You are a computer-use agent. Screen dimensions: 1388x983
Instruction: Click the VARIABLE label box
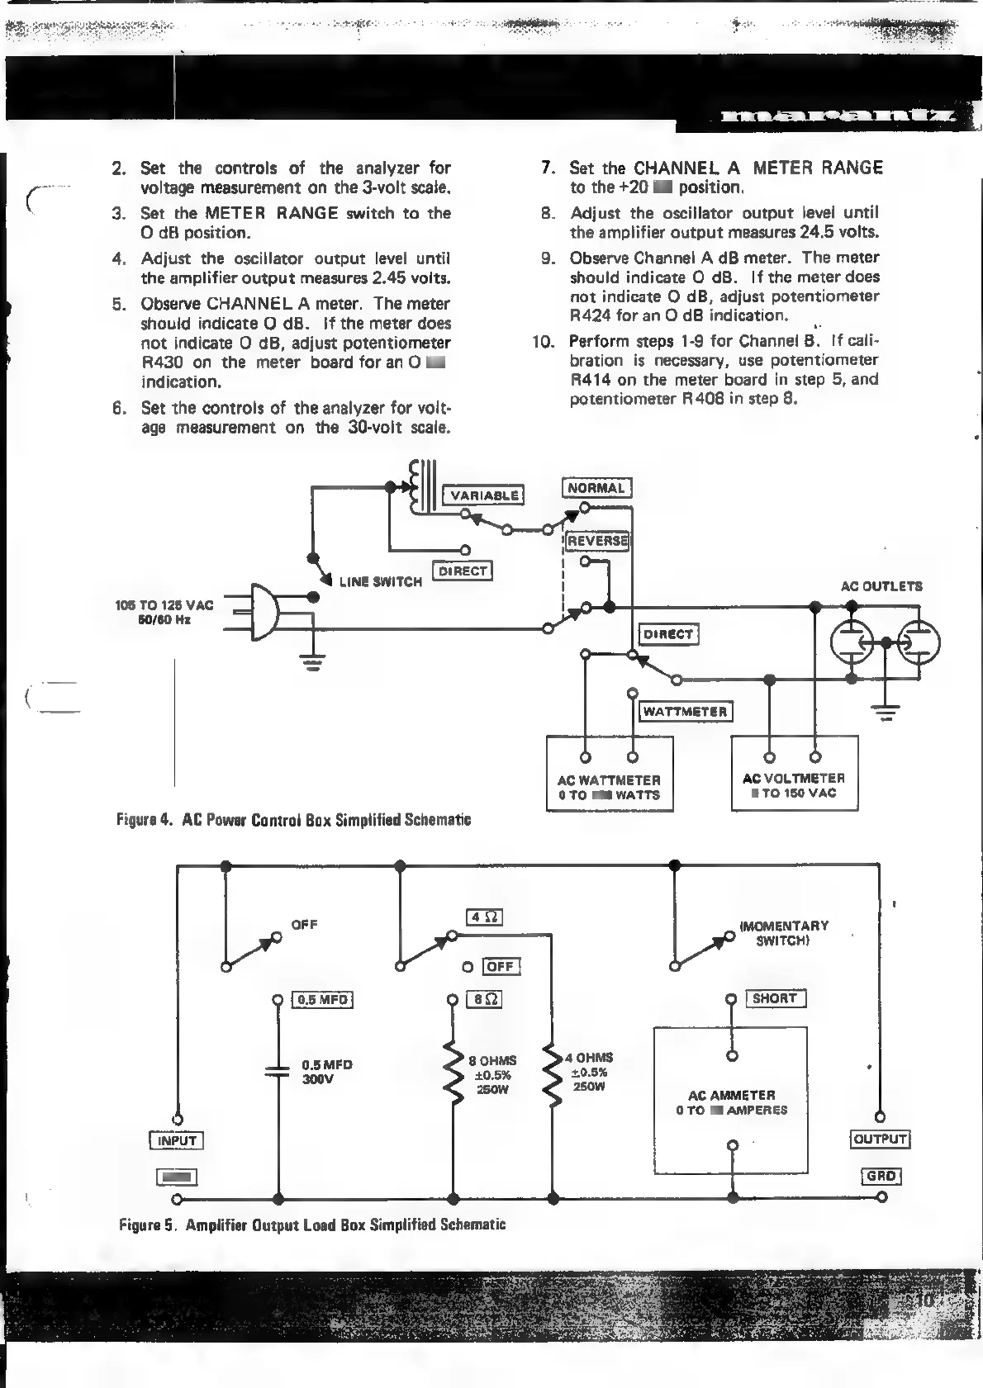[x=485, y=495]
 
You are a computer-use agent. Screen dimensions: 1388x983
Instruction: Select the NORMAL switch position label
[x=596, y=488]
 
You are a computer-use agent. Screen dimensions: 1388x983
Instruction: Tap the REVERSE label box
[x=597, y=541]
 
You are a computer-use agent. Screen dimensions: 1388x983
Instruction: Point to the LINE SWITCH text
[x=381, y=581]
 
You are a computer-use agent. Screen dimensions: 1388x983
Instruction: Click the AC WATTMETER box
[x=610, y=775]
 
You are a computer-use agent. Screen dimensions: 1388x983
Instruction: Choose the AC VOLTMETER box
[x=794, y=773]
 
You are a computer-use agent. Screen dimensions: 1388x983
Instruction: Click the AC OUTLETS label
[x=881, y=586]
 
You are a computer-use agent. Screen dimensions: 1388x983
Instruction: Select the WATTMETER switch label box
[x=686, y=711]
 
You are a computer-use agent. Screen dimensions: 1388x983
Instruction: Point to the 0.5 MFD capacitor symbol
[x=278, y=1071]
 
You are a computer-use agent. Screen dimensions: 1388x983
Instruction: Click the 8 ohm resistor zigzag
[x=453, y=1074]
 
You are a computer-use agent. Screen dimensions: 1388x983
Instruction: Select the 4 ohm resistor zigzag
[x=551, y=1074]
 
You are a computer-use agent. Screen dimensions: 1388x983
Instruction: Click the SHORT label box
[x=774, y=998]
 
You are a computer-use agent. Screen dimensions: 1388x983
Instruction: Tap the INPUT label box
[x=177, y=1140]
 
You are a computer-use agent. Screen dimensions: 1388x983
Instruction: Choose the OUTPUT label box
[x=880, y=1139]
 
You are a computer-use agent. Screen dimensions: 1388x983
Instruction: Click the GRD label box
[x=881, y=1176]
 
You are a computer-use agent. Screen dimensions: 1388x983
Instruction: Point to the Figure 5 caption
[x=312, y=1225]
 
